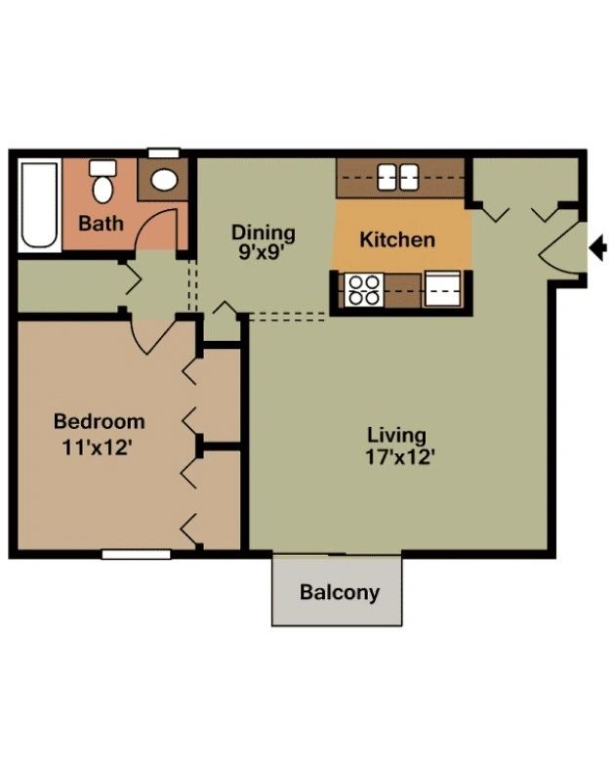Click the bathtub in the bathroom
coord(39,205)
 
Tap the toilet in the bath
coord(102,181)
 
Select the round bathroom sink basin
coord(164,180)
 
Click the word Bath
coord(101,224)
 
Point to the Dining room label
coord(264,233)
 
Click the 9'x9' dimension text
coord(262,252)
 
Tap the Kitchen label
coord(397,239)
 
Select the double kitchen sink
coord(398,177)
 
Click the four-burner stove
coord(364,290)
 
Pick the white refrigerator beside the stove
coord(442,289)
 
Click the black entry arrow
coord(597,247)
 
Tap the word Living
coord(397,435)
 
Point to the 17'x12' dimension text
coord(400,457)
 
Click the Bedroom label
coord(100,422)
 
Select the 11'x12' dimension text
coord(98,448)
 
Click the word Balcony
coord(340,592)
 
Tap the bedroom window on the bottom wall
coord(137,554)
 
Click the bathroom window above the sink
coord(164,153)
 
